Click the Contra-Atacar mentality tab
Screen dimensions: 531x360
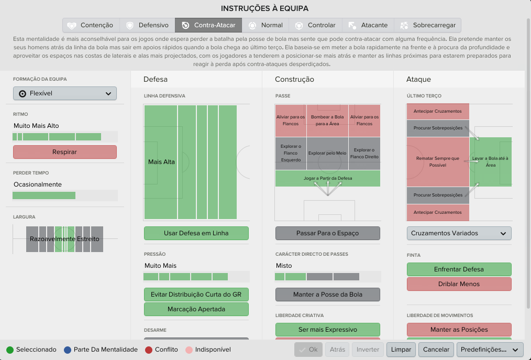[x=208, y=25]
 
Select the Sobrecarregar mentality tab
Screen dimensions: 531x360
[x=428, y=25]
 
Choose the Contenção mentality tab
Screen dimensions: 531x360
[x=91, y=25]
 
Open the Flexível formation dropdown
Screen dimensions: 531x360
[x=65, y=93]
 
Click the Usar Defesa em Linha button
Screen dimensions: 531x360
[x=196, y=233]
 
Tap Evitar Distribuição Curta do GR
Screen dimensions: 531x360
[x=196, y=294]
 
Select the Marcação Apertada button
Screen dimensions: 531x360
[x=196, y=309]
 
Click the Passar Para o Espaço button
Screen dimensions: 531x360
[x=327, y=233]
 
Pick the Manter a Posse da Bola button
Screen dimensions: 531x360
[x=327, y=294]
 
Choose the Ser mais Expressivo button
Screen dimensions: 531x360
[x=327, y=330]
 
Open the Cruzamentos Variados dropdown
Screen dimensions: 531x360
[x=459, y=233]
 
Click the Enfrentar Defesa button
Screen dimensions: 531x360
[x=459, y=269]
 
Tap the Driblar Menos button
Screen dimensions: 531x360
[x=459, y=284]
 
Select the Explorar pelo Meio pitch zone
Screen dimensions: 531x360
[x=327, y=153]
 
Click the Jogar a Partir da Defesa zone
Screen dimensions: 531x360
[x=327, y=178]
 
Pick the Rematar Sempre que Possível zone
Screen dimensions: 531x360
[x=438, y=162]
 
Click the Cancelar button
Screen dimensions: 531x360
[x=436, y=350]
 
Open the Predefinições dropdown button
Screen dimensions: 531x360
[x=489, y=350]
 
